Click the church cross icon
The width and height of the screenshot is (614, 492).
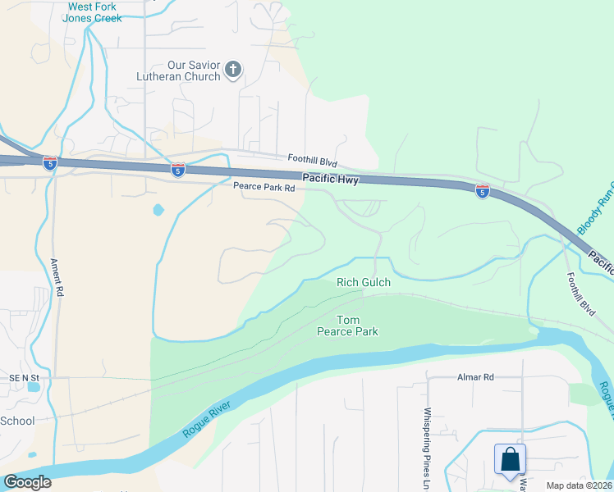pyautogui.click(x=233, y=69)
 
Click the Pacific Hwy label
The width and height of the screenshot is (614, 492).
pyautogui.click(x=330, y=179)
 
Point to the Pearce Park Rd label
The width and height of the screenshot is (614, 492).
pyautogui.click(x=263, y=189)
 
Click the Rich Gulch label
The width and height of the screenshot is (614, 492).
pyautogui.click(x=364, y=283)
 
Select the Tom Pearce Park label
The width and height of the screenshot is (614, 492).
pyautogui.click(x=347, y=326)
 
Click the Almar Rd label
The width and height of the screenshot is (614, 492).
pyautogui.click(x=476, y=377)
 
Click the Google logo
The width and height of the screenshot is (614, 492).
pyautogui.click(x=27, y=482)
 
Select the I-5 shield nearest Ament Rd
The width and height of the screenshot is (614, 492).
pyautogui.click(x=51, y=163)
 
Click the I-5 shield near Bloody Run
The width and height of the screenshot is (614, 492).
pyautogui.click(x=483, y=190)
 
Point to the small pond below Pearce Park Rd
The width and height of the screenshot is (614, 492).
pyautogui.click(x=158, y=210)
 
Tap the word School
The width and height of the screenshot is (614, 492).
pyautogui.click(x=17, y=421)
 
